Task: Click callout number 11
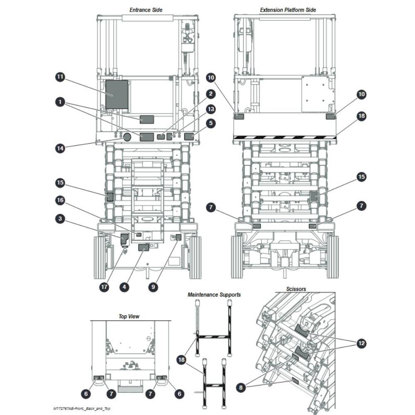pyautogui.click(x=60, y=77)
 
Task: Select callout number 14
pyautogui.click(x=60, y=148)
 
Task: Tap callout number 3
pyautogui.click(x=60, y=219)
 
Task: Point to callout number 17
pyautogui.click(x=104, y=287)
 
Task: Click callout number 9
pyautogui.click(x=153, y=287)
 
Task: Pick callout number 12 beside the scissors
pyautogui.click(x=361, y=344)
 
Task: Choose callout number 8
pyautogui.click(x=241, y=388)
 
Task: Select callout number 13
pyautogui.click(x=211, y=109)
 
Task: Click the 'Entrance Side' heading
pyautogui.click(x=146, y=10)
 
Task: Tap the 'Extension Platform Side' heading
pyautogui.click(x=288, y=10)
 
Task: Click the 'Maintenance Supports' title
pyautogui.click(x=214, y=295)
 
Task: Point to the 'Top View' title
pyautogui.click(x=129, y=317)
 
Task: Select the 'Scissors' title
pyautogui.click(x=296, y=289)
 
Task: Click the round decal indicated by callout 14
pyautogui.click(x=127, y=137)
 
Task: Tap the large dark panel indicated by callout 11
pyautogui.click(x=117, y=95)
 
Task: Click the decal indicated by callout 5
pyautogui.click(x=189, y=137)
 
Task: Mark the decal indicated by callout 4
pyautogui.click(x=144, y=247)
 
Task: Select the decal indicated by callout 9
pyautogui.click(x=178, y=237)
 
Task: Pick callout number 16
pyautogui.click(x=60, y=200)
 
